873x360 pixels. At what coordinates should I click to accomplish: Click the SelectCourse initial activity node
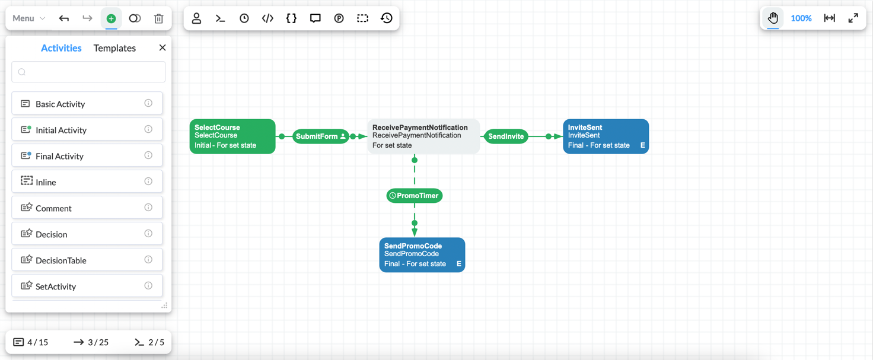click(232, 136)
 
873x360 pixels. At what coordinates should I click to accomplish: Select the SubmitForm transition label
click(317, 136)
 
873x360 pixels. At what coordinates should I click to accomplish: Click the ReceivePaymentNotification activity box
click(423, 136)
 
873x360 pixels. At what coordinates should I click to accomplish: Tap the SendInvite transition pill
click(506, 136)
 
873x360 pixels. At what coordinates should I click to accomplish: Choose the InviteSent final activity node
click(605, 136)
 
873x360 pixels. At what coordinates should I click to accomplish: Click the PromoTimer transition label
click(415, 196)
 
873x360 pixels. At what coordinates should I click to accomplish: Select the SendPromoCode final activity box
click(422, 255)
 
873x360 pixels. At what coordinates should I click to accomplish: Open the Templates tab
click(114, 48)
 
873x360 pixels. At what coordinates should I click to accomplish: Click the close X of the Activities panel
click(163, 47)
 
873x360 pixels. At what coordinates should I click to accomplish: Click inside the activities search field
click(88, 72)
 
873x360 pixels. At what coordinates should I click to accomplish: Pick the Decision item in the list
click(52, 234)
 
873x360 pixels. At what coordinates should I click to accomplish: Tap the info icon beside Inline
click(148, 181)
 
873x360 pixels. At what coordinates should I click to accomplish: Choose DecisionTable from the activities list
click(60, 260)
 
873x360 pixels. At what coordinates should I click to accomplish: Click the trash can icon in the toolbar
click(158, 18)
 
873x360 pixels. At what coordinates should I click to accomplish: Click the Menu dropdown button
click(28, 18)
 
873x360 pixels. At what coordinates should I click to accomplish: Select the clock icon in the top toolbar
click(244, 18)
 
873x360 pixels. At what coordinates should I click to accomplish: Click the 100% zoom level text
click(801, 18)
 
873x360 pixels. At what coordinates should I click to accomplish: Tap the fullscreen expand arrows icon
click(853, 18)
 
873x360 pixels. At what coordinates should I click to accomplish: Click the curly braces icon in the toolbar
click(291, 18)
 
